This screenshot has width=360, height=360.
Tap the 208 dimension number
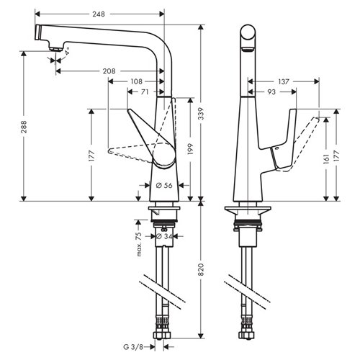pyautogui.click(x=108, y=71)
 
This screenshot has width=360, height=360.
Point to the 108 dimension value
pyautogui.click(x=137, y=81)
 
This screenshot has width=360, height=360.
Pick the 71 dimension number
pyautogui.click(x=145, y=92)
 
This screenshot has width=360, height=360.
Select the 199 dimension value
pyautogui.click(x=190, y=148)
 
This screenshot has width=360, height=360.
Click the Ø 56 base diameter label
pyautogui.click(x=164, y=185)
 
